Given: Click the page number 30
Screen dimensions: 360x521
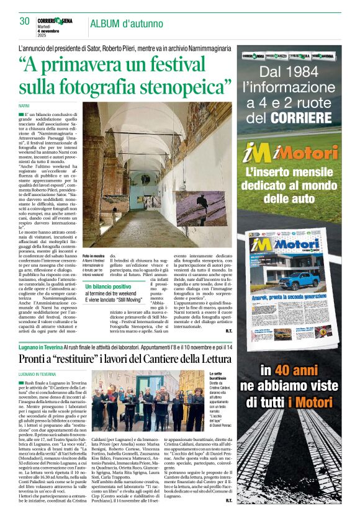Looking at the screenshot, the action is pyautogui.click(x=24, y=20).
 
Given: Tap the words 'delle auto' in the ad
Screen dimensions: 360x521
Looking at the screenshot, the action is pyautogui.click(x=292, y=198).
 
